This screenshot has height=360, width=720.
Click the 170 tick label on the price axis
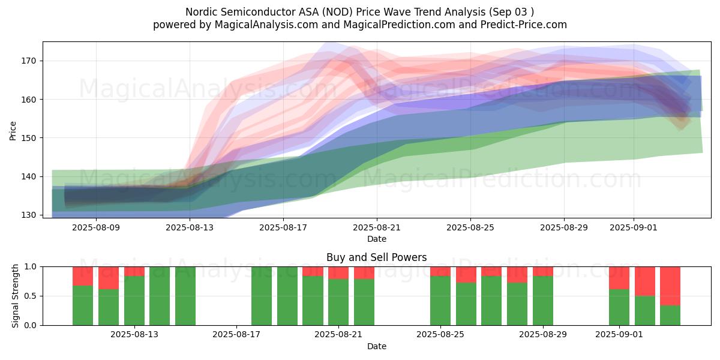pyautogui.click(x=28, y=61)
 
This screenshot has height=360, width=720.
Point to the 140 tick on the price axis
pyautogui.click(x=28, y=176)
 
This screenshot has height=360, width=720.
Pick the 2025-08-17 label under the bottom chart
pyautogui.click(x=236, y=335)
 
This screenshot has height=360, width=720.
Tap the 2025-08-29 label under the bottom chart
pyautogui.click(x=543, y=335)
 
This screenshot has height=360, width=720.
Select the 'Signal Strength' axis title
pyautogui.click(x=16, y=296)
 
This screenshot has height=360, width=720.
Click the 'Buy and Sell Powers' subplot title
pyautogui.click(x=376, y=257)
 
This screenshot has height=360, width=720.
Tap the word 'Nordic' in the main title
pyautogui.click(x=202, y=12)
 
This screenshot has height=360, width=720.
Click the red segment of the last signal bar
pyautogui.click(x=670, y=286)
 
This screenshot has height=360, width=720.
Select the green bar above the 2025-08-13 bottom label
pyautogui.click(x=134, y=300)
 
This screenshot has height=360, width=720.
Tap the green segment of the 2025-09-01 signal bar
pyautogui.click(x=619, y=307)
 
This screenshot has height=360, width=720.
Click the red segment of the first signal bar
pyautogui.click(x=83, y=275)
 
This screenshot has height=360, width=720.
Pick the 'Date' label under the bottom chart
pyautogui.click(x=376, y=346)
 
